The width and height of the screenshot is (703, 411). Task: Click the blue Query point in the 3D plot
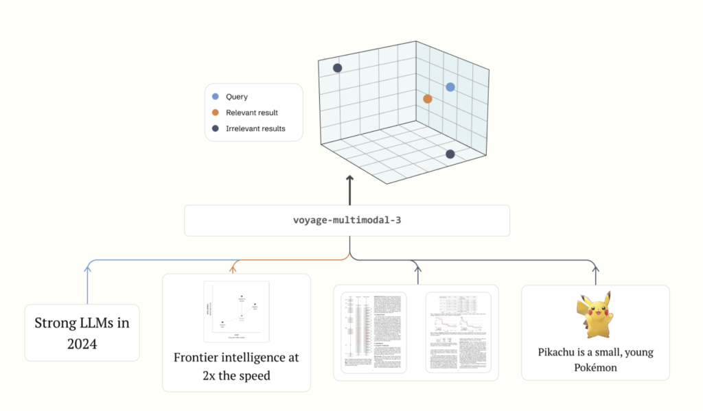tap(450, 87)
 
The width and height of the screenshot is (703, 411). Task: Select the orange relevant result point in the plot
tap(428, 99)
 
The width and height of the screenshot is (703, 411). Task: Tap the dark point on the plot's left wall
tap(337, 68)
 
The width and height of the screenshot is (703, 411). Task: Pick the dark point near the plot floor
tap(450, 154)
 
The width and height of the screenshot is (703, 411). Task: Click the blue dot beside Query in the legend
tap(216, 97)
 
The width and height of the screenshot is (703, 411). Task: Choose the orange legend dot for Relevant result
tap(216, 113)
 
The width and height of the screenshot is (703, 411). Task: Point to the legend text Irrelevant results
tap(255, 128)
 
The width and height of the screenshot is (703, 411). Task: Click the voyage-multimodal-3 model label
tap(347, 221)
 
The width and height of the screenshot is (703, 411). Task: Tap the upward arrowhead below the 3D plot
tap(349, 179)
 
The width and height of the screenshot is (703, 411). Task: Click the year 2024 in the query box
tap(82, 344)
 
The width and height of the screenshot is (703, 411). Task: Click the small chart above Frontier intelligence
tap(236, 312)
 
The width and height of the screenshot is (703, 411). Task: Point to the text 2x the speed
tap(236, 375)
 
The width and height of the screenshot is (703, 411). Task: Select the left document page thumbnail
tap(373, 332)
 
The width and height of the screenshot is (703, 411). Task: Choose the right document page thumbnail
tap(459, 332)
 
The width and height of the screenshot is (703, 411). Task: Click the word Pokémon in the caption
tap(595, 368)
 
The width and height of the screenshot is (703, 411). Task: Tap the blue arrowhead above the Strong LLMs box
tap(87, 269)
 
